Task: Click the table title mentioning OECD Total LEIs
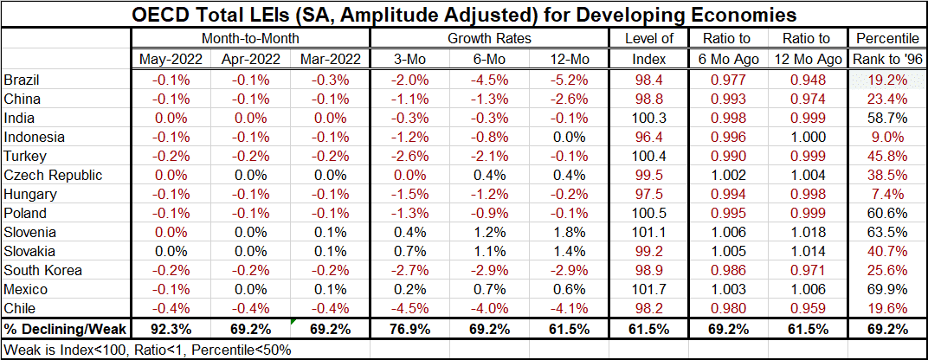(x=464, y=15)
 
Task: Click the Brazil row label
(x=23, y=80)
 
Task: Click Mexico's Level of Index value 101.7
(x=648, y=289)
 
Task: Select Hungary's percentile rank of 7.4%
(x=887, y=194)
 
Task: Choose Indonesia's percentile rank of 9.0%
(x=887, y=137)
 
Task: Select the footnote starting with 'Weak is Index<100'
(x=147, y=349)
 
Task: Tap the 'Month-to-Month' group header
(x=250, y=39)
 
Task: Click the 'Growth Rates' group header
(x=488, y=39)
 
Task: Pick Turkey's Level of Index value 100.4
(x=648, y=156)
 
